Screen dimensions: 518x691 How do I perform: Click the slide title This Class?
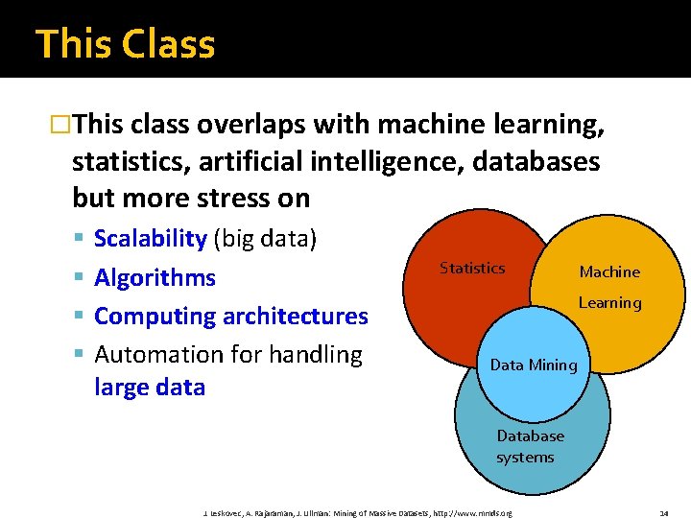point(125,43)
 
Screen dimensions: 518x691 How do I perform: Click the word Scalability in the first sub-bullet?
point(151,239)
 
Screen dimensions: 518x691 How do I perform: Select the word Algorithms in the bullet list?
point(155,277)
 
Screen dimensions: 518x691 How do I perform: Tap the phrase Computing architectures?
point(231,316)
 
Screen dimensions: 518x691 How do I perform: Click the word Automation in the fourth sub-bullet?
point(158,354)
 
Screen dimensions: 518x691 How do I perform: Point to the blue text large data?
point(150,388)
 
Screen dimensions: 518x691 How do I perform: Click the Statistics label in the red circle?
point(472,269)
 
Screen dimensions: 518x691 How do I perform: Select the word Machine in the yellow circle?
point(609,271)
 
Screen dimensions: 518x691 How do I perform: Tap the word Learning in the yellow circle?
point(609,303)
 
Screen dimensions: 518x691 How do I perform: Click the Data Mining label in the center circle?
point(534,365)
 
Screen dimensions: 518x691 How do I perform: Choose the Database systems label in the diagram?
point(530,446)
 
